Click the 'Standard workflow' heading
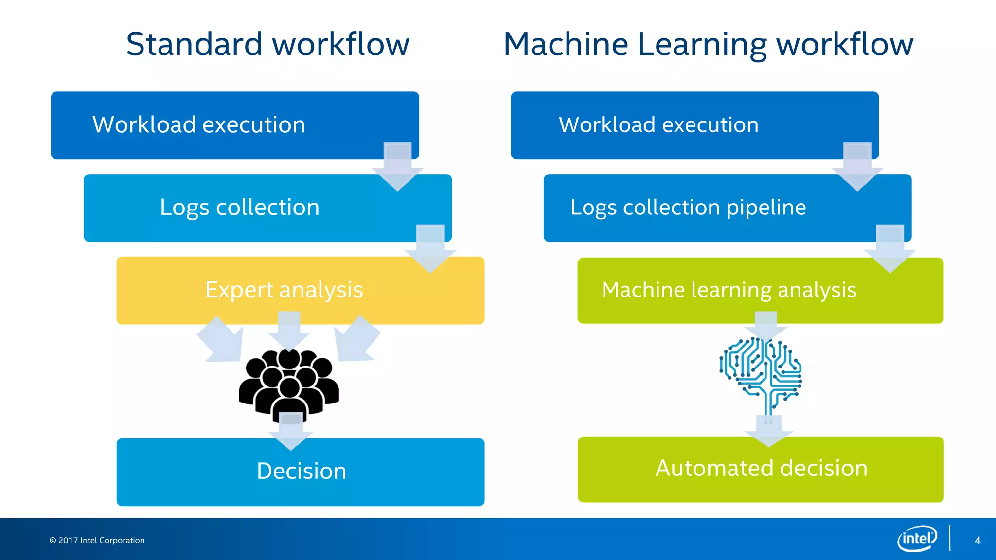(267, 44)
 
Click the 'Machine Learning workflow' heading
(708, 44)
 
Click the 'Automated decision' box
(761, 469)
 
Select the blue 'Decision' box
(301, 472)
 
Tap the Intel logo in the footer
(917, 539)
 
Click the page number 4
(978, 540)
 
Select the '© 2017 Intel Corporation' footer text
(97, 540)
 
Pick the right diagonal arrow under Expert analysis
(356, 340)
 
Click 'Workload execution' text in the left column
(199, 125)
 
